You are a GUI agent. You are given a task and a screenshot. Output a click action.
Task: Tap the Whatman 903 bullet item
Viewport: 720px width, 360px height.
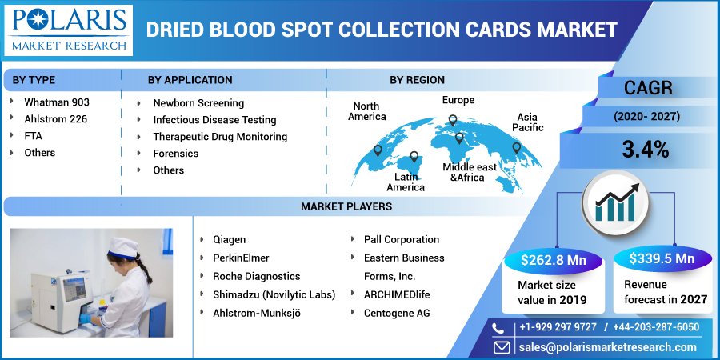[x=56, y=102]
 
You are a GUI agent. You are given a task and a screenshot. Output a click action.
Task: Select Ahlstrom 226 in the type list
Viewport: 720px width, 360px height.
[x=55, y=119]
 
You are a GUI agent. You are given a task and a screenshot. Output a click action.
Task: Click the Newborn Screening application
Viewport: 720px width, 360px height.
[x=198, y=103]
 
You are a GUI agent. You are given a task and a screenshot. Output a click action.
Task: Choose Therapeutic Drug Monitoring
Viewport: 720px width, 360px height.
[x=220, y=137]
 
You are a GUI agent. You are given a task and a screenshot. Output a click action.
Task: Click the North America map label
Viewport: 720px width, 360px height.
[x=366, y=112]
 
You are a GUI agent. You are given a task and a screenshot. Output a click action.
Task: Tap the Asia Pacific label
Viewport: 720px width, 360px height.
[x=527, y=122]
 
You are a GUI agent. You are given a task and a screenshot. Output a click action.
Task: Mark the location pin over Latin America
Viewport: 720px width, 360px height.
[x=414, y=158]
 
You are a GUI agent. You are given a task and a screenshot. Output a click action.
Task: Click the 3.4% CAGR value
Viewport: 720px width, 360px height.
[x=646, y=149]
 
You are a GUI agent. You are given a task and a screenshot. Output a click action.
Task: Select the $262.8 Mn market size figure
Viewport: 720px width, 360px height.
[x=551, y=259]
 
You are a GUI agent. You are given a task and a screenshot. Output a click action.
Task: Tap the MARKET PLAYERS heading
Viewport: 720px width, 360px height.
[x=346, y=206]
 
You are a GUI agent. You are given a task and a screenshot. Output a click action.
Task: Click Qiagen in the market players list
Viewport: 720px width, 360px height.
[x=229, y=239]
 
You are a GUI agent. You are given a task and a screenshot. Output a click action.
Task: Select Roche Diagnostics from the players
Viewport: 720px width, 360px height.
[x=256, y=276]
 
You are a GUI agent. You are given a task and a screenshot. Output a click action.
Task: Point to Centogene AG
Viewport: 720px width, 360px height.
[x=396, y=313]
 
